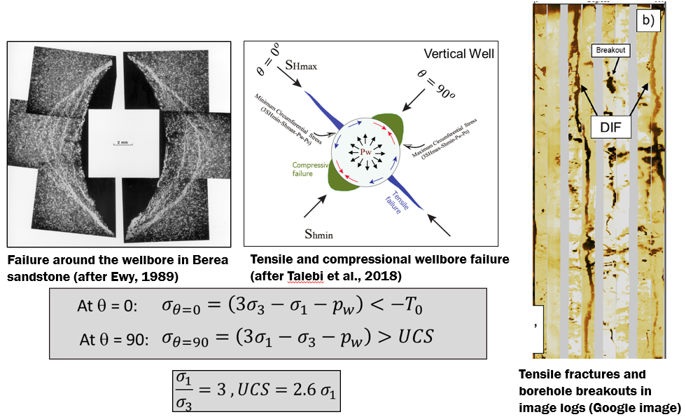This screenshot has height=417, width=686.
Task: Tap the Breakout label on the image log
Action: pyautogui.click(x=609, y=50)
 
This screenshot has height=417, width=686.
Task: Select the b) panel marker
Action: pyautogui.click(x=648, y=20)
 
